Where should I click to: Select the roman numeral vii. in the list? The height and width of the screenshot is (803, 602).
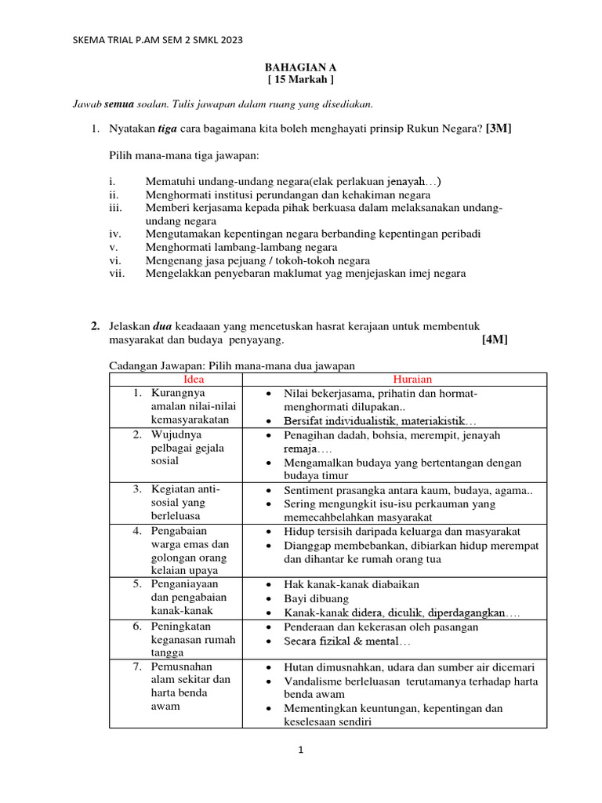(x=117, y=274)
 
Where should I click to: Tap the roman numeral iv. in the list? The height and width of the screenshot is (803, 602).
(x=115, y=234)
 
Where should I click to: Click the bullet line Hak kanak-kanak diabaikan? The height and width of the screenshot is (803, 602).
(x=352, y=584)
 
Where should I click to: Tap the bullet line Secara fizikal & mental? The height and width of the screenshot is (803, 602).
(x=346, y=641)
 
